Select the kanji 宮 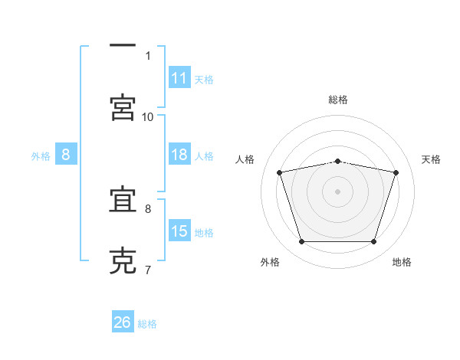[123, 106]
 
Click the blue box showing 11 [179, 78]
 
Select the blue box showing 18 [179, 155]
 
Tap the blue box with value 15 [179, 231]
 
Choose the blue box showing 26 [123, 322]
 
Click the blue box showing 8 [66, 155]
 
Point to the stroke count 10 [148, 116]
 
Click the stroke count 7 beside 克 [148, 270]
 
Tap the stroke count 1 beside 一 [148, 55]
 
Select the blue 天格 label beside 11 [204, 79]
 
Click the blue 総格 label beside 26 [147, 323]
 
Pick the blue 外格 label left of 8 [41, 155]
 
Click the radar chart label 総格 [338, 100]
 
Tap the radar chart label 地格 [402, 262]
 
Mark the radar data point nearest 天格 [396, 172]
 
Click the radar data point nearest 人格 [280, 172]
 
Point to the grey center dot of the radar [338, 191]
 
